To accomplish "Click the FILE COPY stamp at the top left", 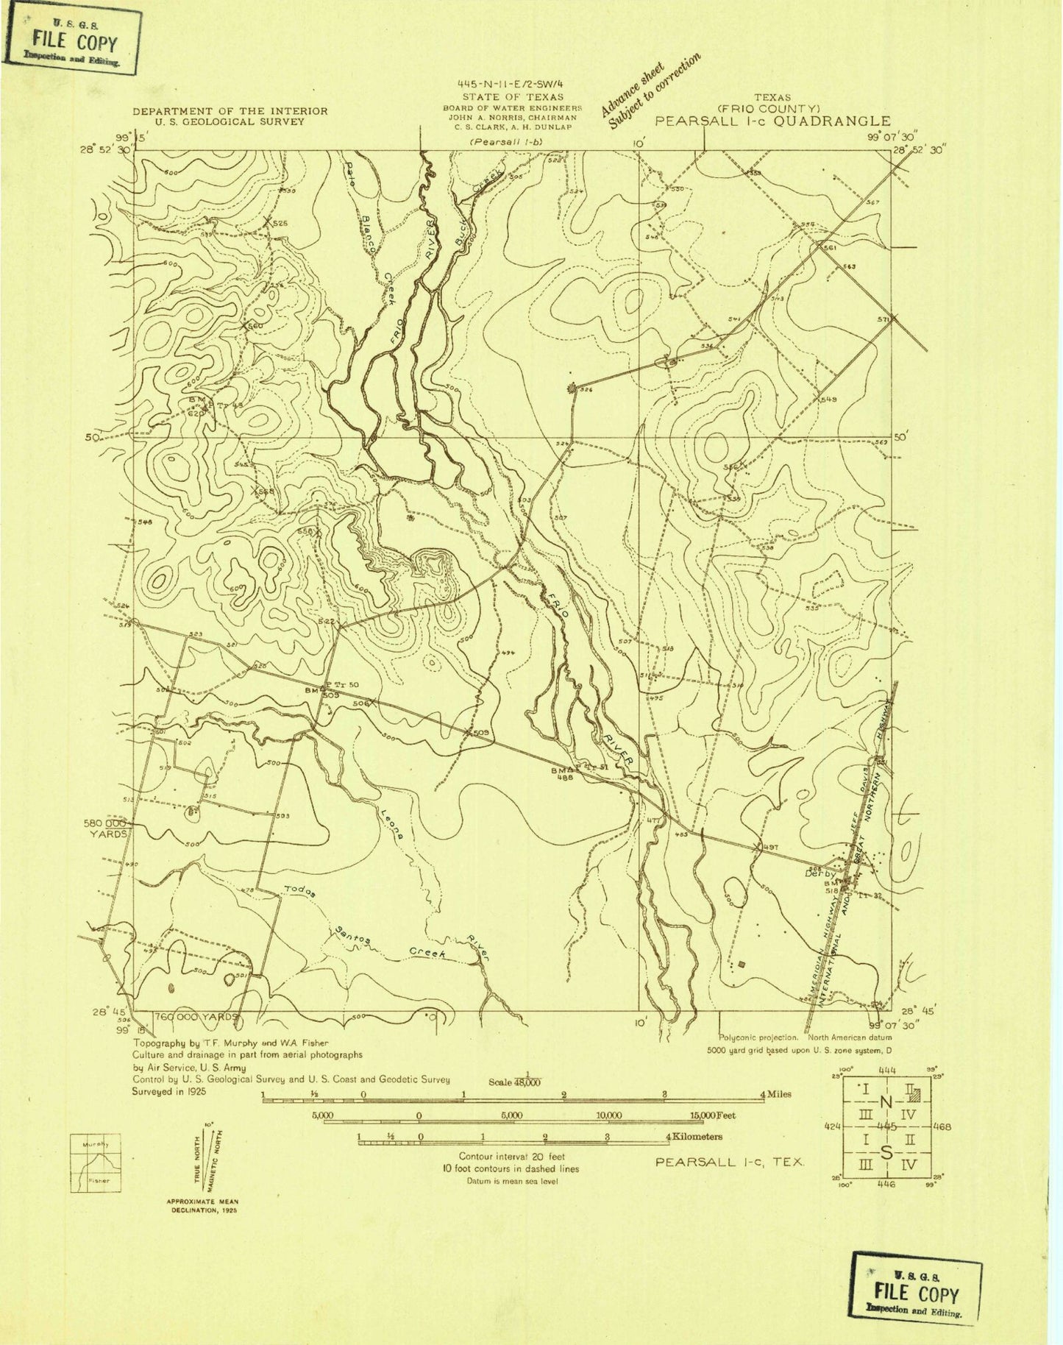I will click(x=74, y=41).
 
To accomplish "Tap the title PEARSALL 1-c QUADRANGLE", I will click(x=772, y=121).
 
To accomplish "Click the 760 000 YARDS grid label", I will click(x=197, y=1017).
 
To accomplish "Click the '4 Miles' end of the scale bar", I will click(x=775, y=1094).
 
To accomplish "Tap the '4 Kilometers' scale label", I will click(x=694, y=1137).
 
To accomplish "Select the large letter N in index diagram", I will click(x=886, y=1101).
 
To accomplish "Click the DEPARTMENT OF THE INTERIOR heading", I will click(x=230, y=111).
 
